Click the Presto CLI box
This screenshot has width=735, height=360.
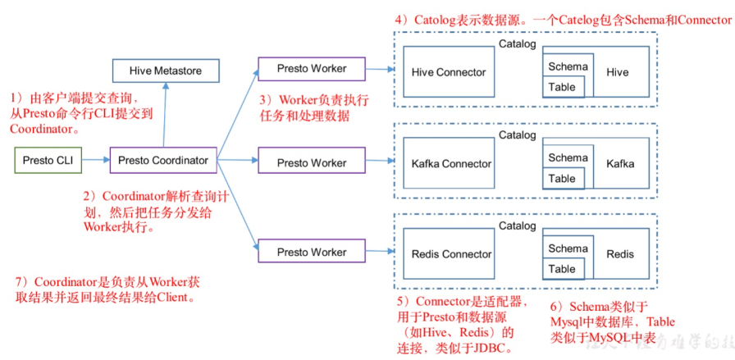48,161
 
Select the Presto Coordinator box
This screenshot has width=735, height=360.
162,161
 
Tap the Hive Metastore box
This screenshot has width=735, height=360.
165,71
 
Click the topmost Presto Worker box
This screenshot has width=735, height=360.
311,69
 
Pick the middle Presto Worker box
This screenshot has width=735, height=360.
311,162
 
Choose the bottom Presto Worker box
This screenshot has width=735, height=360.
311,251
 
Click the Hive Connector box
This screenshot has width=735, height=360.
449,72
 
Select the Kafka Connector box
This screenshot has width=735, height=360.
451,164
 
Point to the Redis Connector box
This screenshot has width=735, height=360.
451,254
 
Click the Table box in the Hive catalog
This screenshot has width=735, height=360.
563,87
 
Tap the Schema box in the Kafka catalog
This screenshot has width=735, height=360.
568,157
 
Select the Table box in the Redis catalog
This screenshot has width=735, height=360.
563,269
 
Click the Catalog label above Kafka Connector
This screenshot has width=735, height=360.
517,135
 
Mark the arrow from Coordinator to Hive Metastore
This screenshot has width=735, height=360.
165,116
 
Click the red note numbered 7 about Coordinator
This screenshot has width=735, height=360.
107,289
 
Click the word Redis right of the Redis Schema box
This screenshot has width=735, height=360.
620,254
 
